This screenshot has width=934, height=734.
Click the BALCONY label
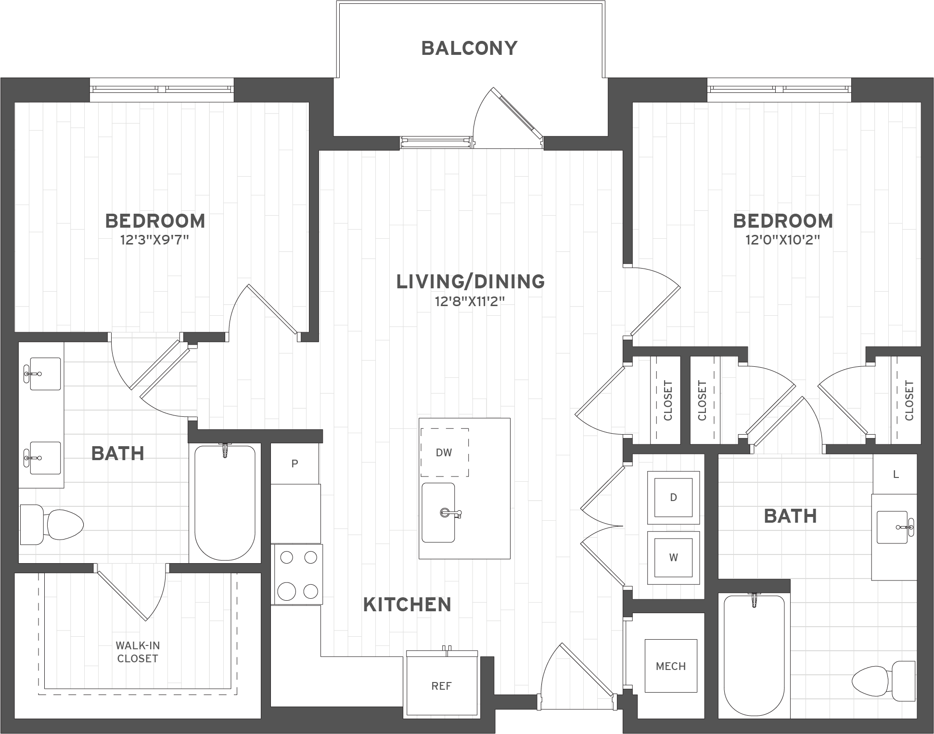point(469,48)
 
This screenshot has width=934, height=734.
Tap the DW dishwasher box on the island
point(444,452)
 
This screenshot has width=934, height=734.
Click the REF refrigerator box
point(441,686)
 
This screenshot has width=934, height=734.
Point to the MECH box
point(671,666)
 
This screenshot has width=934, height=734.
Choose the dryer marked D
point(673,498)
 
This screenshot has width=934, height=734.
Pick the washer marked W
point(673,557)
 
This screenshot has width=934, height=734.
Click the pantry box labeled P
point(294,464)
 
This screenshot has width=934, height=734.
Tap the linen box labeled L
point(896,475)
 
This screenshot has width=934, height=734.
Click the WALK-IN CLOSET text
point(138,652)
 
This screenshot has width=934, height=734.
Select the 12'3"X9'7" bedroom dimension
point(154,240)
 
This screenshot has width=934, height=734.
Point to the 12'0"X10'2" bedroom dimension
point(782,240)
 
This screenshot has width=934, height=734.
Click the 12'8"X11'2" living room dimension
point(470,302)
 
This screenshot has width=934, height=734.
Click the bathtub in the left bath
point(225,503)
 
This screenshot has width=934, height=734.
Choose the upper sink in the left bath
point(46,373)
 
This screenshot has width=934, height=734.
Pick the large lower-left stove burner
point(287,591)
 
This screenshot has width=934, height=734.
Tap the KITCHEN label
point(407,605)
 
